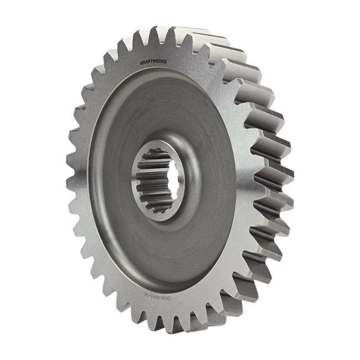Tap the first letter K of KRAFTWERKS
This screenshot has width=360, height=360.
tap(143, 64)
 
